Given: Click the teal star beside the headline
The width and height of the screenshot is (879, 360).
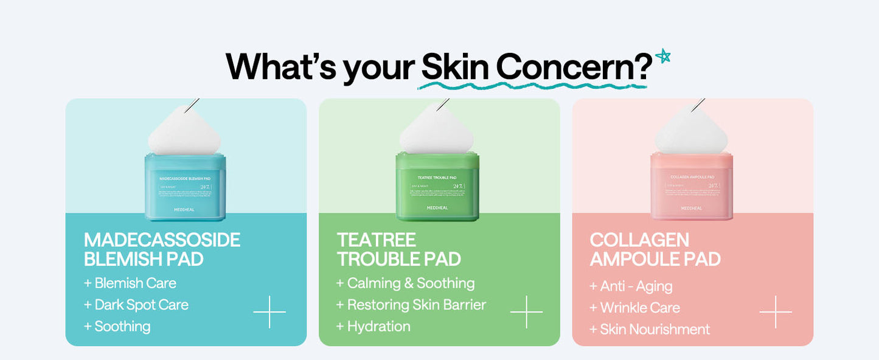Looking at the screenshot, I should pyautogui.click(x=663, y=57).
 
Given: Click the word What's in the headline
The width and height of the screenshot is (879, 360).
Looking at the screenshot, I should pyautogui.click(x=280, y=67).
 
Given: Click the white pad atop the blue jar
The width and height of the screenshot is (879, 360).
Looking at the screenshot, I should pyautogui.click(x=184, y=131).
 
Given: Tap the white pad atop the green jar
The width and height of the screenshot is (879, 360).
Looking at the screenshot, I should pyautogui.click(x=436, y=131).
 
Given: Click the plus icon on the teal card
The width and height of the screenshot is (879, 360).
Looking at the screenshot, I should pyautogui.click(x=269, y=312).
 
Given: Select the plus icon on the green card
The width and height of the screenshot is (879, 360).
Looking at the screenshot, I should pyautogui.click(x=526, y=312).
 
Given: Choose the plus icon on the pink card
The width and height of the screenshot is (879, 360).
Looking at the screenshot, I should pyautogui.click(x=776, y=312).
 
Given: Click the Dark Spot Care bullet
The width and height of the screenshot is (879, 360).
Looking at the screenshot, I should pyautogui.click(x=136, y=305).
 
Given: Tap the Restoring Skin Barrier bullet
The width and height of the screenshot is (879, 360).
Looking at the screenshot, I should pyautogui.click(x=411, y=305).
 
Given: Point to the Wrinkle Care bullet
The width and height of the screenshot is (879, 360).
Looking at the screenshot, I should pyautogui.click(x=634, y=308).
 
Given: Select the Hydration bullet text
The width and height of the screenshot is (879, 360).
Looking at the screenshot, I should pyautogui.click(x=373, y=327).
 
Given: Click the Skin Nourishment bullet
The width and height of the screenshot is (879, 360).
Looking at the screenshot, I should pyautogui.click(x=650, y=330).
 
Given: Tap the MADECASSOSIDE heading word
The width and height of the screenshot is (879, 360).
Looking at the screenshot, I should pyautogui.click(x=162, y=240).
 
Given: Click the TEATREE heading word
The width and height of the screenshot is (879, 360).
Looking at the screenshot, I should pyautogui.click(x=377, y=240).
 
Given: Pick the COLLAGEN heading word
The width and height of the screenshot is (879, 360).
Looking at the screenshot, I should pyautogui.click(x=639, y=240).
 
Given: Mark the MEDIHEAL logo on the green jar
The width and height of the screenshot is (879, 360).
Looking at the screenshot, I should pyautogui.click(x=437, y=208).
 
